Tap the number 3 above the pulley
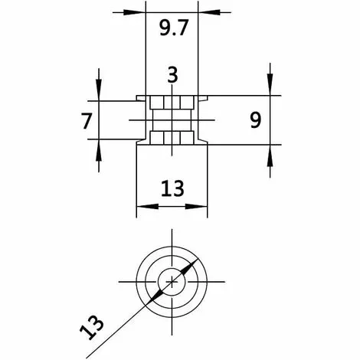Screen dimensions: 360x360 pos(172,74)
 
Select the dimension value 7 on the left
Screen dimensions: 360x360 pos(86,120)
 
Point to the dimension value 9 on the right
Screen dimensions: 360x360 pos(257,119)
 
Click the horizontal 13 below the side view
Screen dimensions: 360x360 pos(172,188)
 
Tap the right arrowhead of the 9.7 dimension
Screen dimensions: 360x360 pos(204,12)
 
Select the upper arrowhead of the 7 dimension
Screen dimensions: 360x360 pos(99,95)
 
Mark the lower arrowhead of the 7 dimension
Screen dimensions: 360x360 pos(99,145)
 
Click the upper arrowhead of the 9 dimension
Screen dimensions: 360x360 pos(270,90)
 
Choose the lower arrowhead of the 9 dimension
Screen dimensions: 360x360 pos(270,150)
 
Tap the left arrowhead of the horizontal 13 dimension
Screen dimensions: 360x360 pos(142,205)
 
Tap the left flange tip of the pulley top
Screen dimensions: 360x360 pos(137,97)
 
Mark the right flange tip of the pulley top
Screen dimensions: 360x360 pos(208,97)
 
